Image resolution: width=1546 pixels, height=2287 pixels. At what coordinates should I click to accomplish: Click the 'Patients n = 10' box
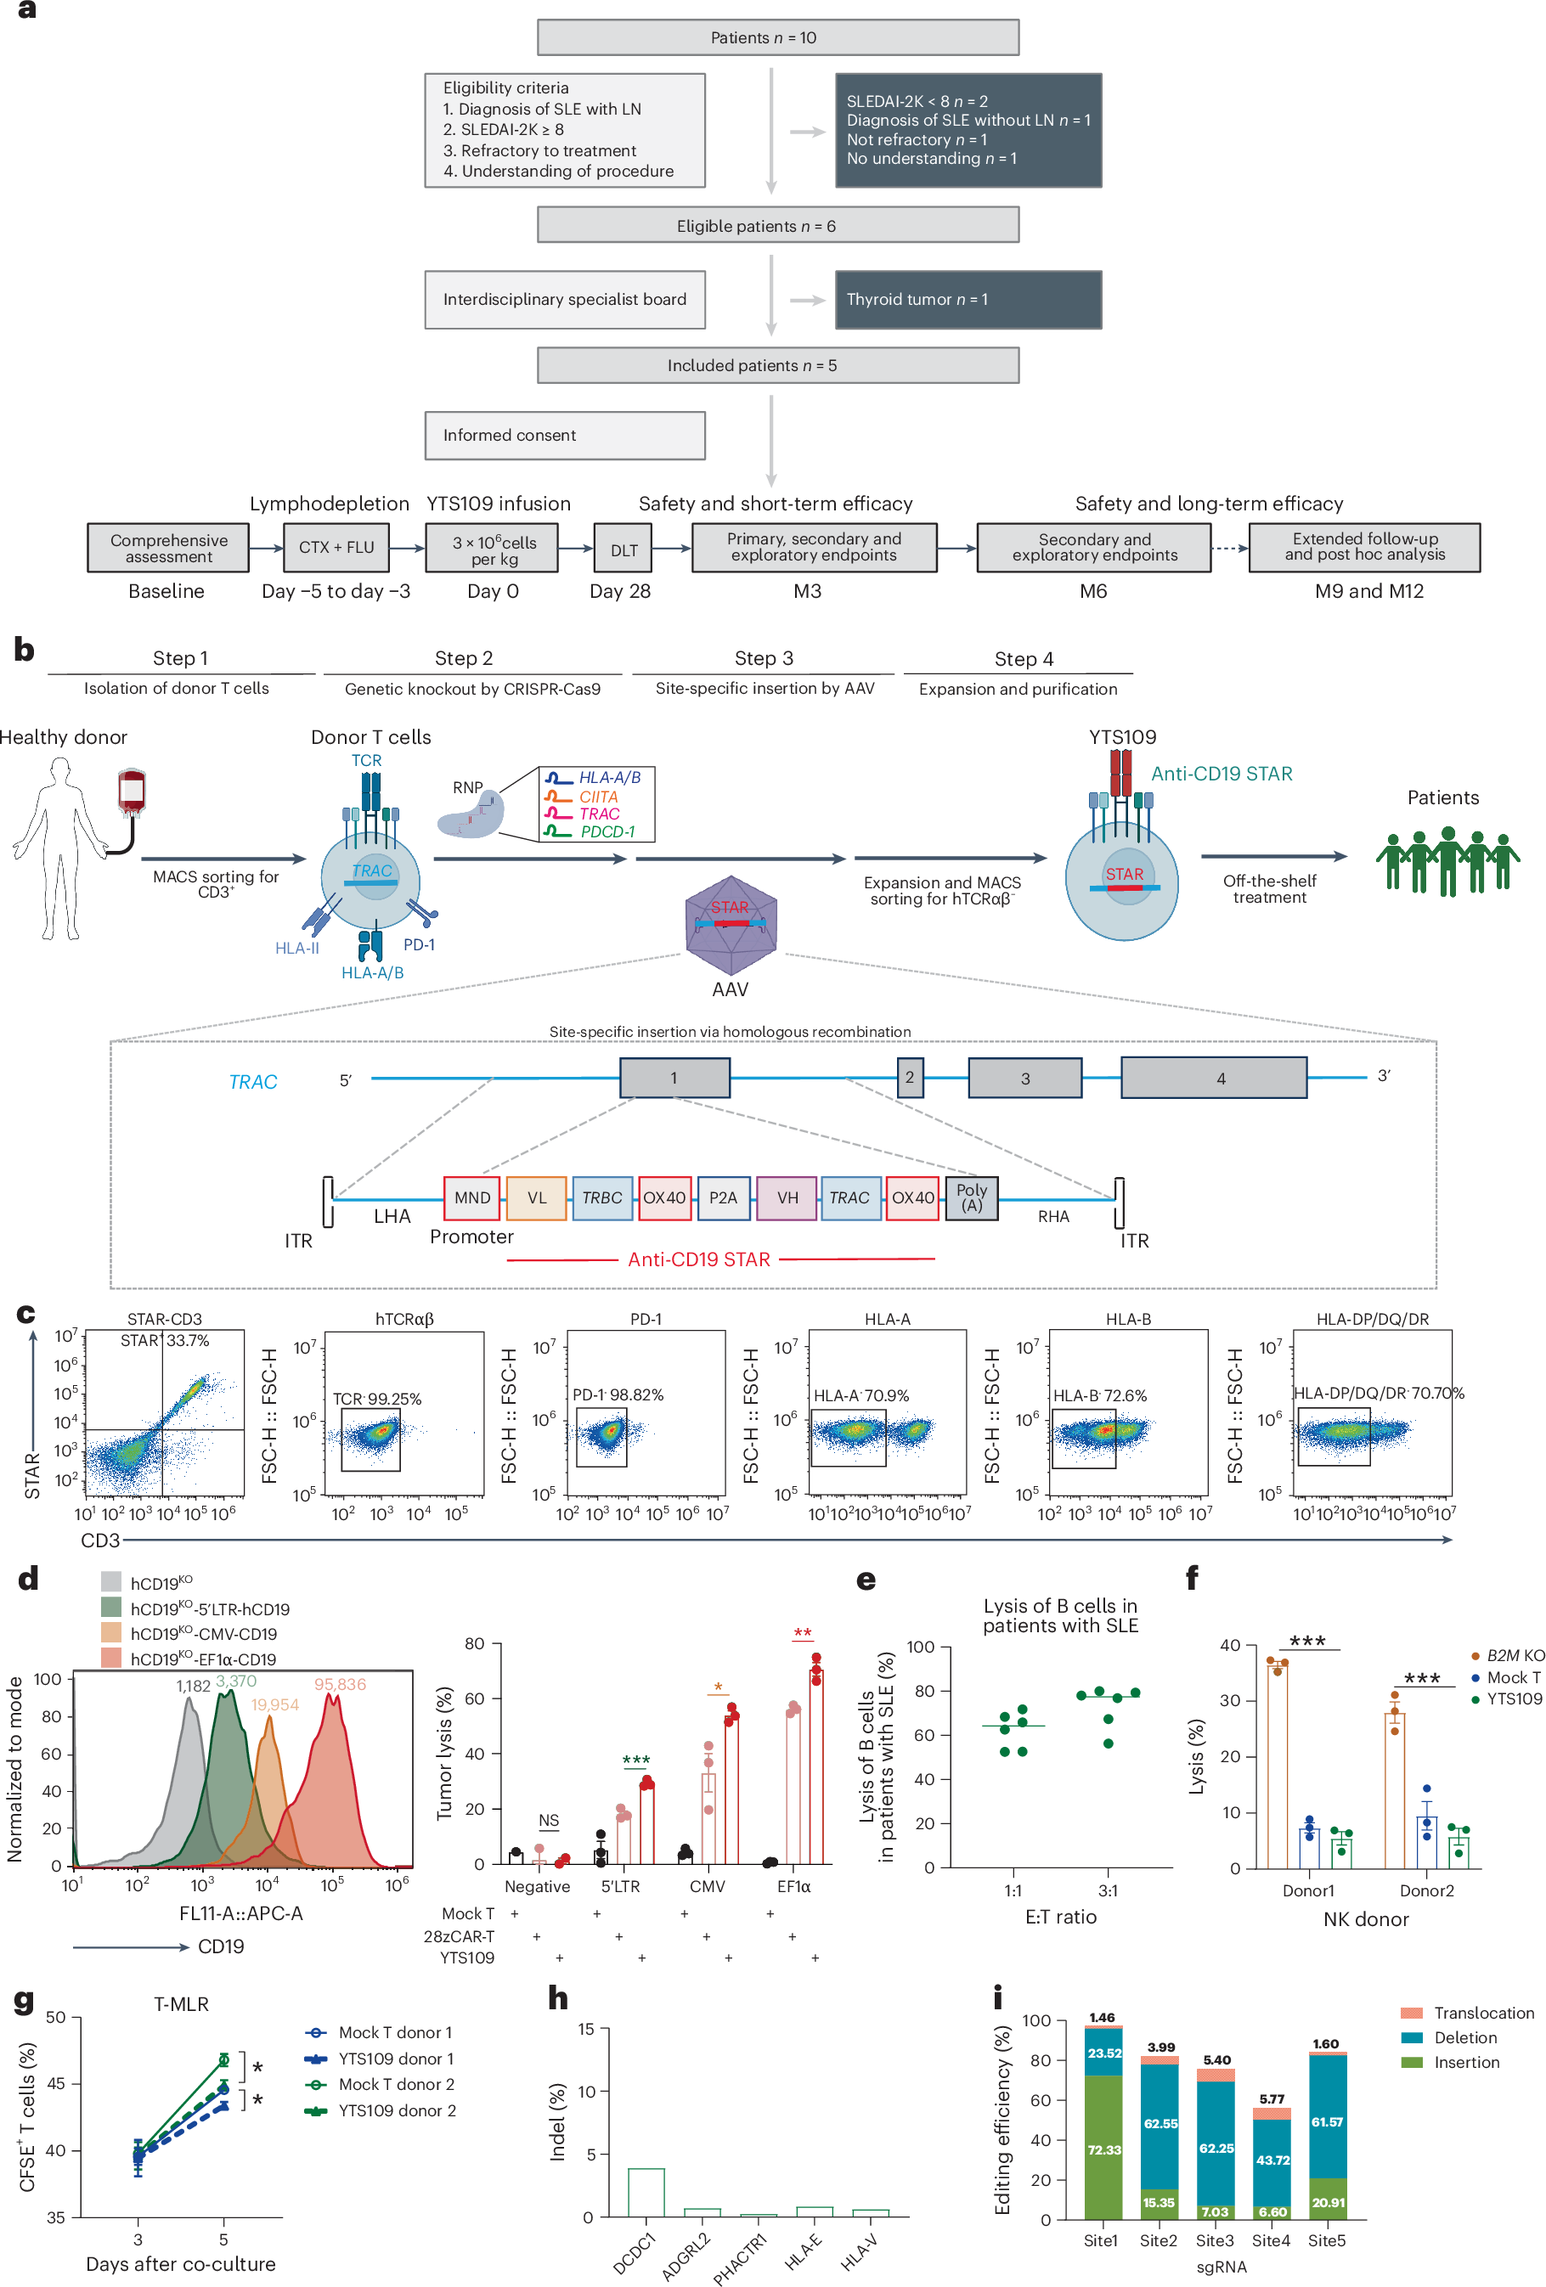[777, 37]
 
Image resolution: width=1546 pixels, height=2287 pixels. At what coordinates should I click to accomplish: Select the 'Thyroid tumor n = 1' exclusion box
[968, 299]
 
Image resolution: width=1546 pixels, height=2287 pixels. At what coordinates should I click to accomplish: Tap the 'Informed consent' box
[565, 435]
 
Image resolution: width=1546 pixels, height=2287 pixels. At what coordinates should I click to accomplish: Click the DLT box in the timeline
[623, 549]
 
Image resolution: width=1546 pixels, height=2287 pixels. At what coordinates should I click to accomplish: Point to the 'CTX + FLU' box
[336, 547]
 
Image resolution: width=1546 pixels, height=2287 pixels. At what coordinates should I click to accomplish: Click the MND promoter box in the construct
[471, 1197]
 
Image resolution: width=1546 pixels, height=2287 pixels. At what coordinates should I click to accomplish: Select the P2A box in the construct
[722, 1197]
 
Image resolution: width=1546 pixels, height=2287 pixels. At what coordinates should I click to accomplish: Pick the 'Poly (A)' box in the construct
[971, 1197]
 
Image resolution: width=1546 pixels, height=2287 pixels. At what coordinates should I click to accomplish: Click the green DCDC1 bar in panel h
[646, 2192]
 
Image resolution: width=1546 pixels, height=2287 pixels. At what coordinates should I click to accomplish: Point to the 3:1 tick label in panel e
[1107, 1890]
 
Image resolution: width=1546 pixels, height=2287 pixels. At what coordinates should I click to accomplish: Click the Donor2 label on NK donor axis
[1426, 1890]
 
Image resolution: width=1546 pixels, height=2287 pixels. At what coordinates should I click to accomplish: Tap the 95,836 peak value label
[340, 1685]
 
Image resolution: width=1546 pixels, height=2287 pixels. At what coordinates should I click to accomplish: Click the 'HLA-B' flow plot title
[1128, 1319]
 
